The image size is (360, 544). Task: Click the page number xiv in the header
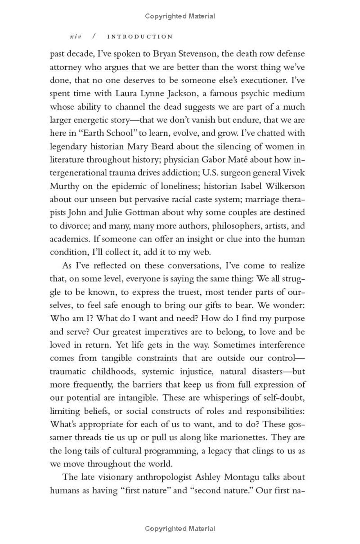click(x=77, y=36)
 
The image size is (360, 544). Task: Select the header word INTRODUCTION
click(x=140, y=36)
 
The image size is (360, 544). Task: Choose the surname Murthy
click(x=64, y=186)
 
